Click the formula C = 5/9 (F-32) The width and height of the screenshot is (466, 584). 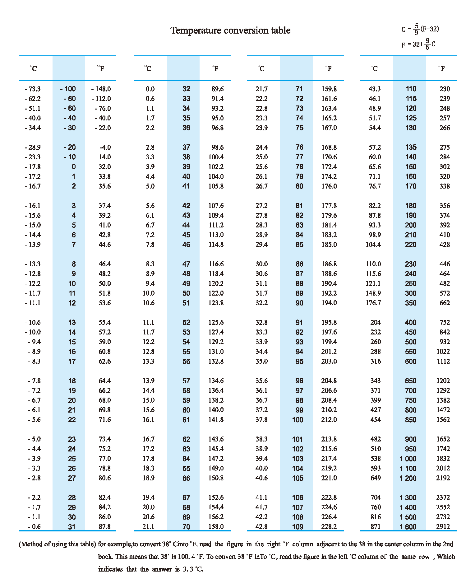(x=420, y=29)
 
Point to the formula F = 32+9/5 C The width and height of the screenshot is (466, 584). (x=418, y=44)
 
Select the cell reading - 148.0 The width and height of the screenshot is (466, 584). (x=101, y=89)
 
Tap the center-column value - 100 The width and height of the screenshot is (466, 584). (x=68, y=89)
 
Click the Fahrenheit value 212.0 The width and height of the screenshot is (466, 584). (x=329, y=420)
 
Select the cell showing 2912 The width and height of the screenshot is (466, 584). (x=443, y=526)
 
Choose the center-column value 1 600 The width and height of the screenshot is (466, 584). (x=408, y=527)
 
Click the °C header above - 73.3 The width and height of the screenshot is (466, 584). (x=34, y=68)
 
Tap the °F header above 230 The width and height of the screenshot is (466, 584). (x=441, y=68)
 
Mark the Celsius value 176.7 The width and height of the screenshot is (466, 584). (x=373, y=303)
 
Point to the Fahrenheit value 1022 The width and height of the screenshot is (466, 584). (x=443, y=352)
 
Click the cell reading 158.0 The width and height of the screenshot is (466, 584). (x=216, y=526)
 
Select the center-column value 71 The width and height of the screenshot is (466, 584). (x=299, y=89)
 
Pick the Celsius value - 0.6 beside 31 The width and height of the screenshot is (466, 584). (x=34, y=526)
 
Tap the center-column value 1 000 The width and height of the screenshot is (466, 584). (x=408, y=459)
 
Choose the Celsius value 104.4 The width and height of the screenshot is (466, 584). (x=373, y=245)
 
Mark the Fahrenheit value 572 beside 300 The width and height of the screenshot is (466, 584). (x=445, y=293)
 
